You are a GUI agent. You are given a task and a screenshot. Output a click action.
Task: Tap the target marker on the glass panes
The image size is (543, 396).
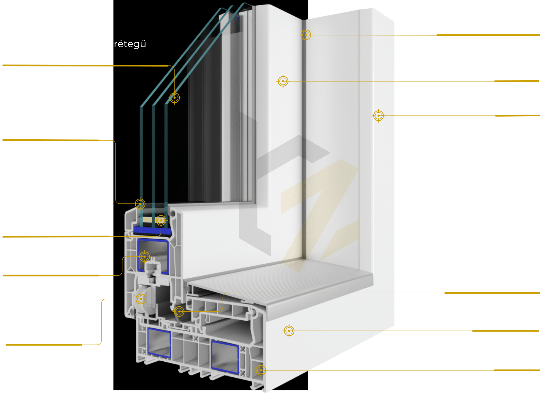tap(175, 98)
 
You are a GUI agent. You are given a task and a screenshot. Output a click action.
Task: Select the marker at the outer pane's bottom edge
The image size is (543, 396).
tap(140, 204)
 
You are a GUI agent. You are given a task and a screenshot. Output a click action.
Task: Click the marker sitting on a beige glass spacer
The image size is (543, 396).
tap(161, 220)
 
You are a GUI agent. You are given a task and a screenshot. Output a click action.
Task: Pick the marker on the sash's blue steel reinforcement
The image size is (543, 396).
tap(145, 257)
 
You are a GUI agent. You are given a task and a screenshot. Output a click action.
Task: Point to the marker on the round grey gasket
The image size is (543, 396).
tap(141, 299)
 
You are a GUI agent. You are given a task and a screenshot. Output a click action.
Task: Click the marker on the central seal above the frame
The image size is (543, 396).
tap(179, 311)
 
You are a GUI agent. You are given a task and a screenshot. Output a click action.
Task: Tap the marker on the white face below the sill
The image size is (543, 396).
tap(289, 331)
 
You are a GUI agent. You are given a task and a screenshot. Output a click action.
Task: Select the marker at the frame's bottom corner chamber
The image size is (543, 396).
tap(261, 370)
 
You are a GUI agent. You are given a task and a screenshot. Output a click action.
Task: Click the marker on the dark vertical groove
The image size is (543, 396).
tap(306, 35)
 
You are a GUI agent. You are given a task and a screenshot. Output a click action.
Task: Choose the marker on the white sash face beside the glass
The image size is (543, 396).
tap(283, 81)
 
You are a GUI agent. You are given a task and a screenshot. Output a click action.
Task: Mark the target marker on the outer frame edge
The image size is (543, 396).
tap(379, 116)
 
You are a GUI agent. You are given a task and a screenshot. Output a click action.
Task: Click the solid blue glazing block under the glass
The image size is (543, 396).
tap(152, 231)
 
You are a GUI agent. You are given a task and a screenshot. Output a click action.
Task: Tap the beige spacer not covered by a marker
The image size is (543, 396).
tap(147, 220)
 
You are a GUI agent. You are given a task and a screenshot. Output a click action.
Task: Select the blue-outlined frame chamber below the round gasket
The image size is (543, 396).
tap(159, 343)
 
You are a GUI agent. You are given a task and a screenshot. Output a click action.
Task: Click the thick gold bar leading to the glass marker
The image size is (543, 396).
tap(85, 65)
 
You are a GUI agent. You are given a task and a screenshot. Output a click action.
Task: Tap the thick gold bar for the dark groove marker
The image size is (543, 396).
tap(488, 35)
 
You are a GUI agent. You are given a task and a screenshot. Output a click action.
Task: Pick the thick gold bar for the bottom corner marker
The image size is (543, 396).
tap(517, 370)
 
